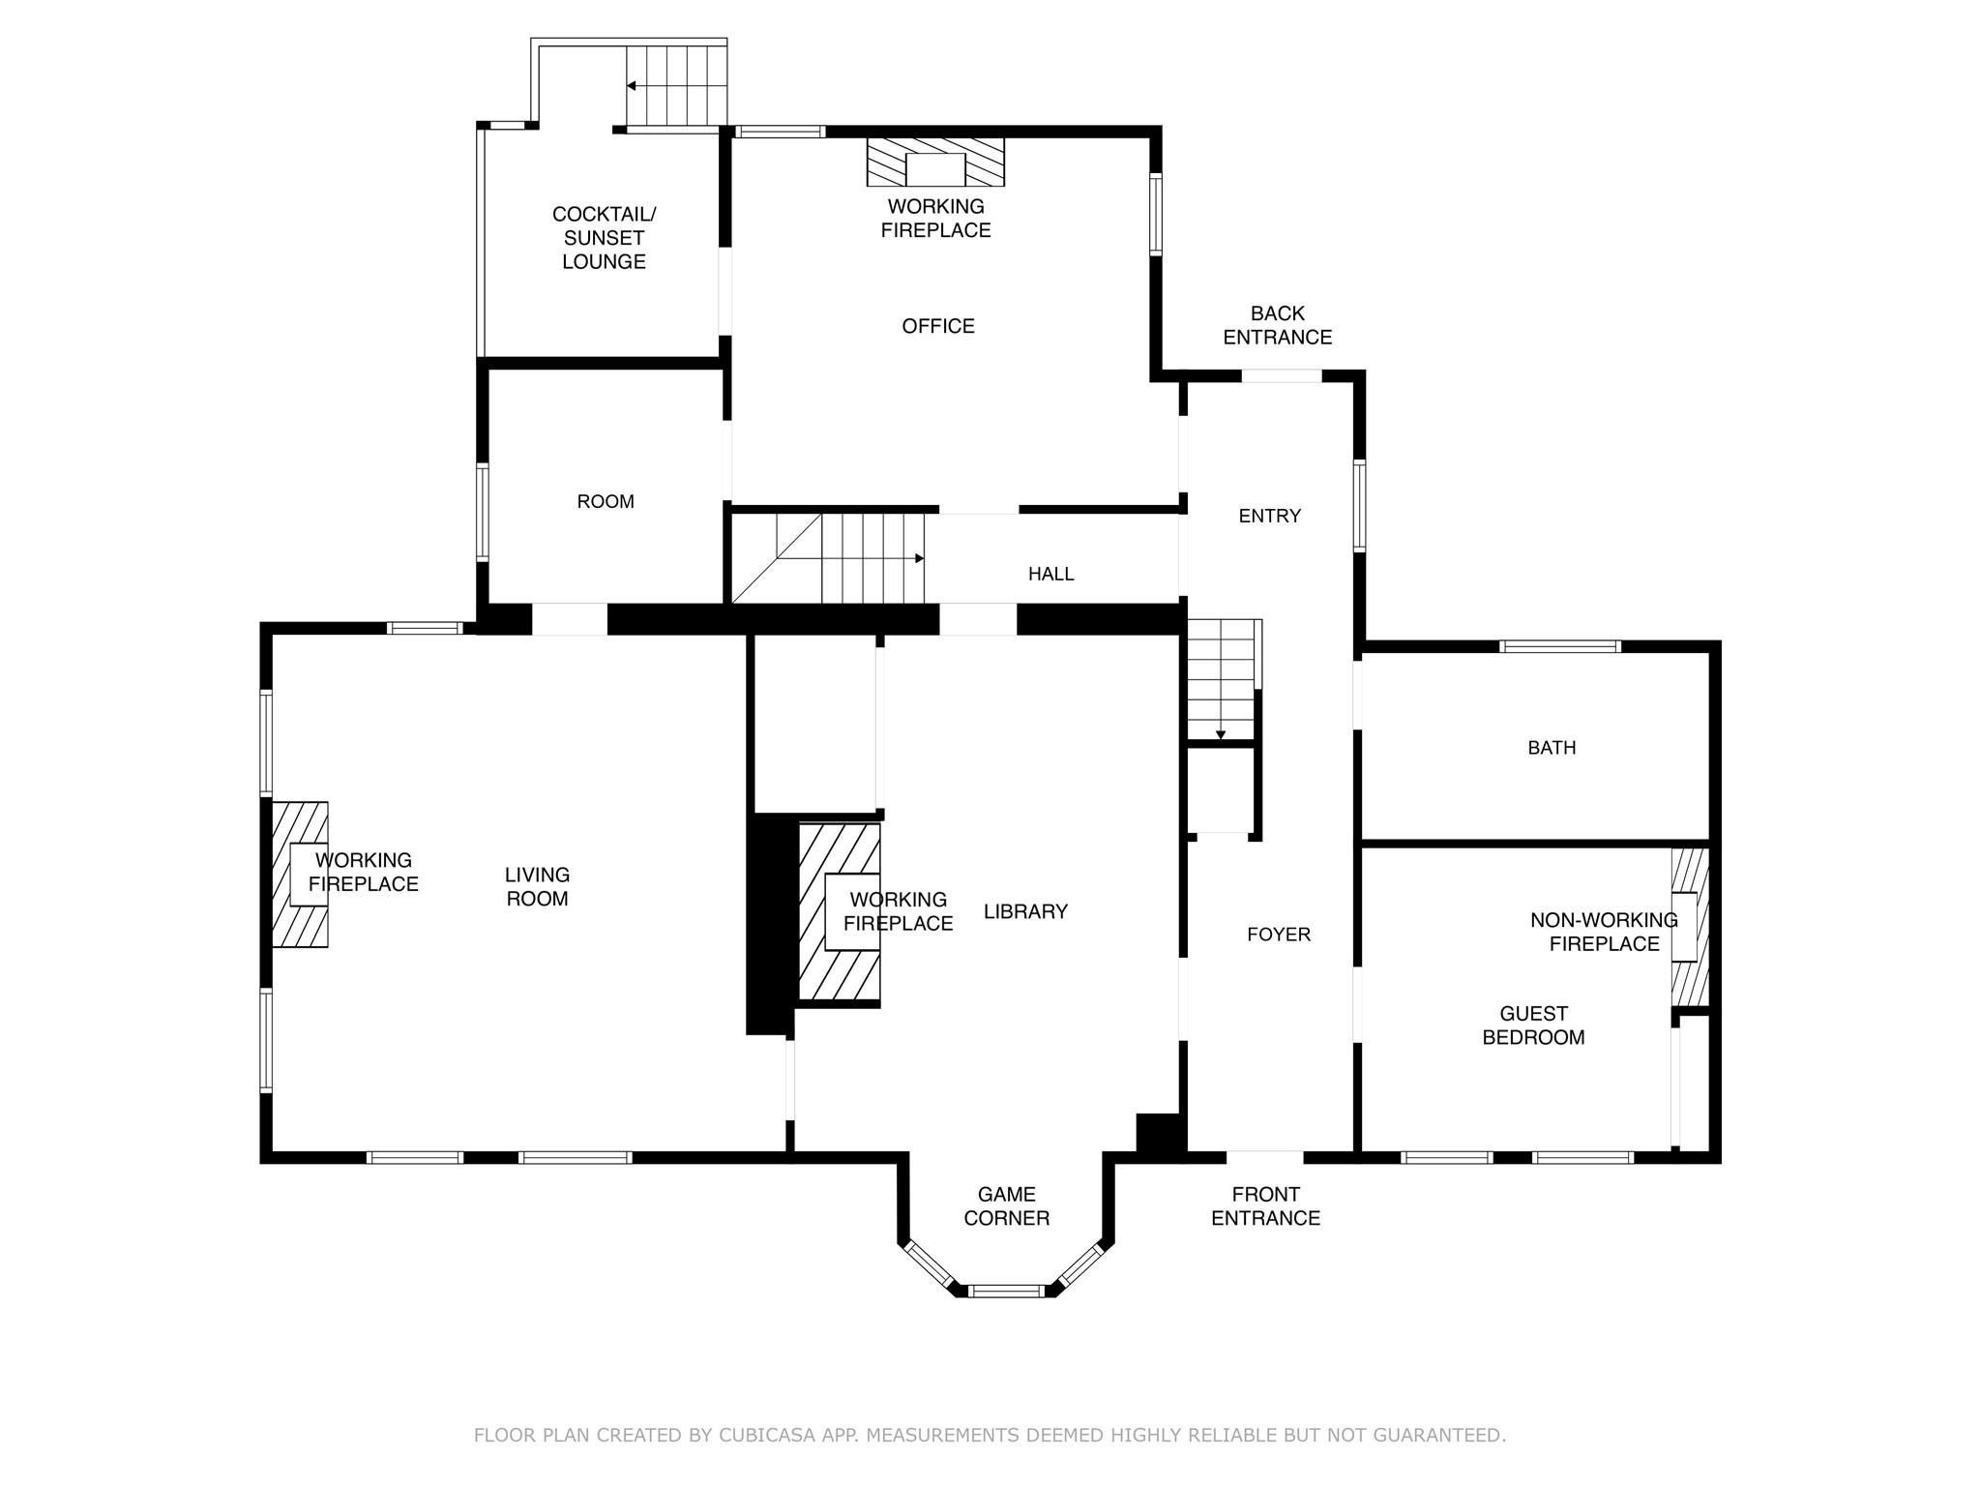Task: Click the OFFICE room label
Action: [x=937, y=326]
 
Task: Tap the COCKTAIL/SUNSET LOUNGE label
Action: [x=604, y=238]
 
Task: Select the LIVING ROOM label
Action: [x=537, y=886]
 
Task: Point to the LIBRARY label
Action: [x=1025, y=911]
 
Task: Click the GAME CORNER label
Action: [x=1006, y=1205]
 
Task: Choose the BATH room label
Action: [x=1552, y=748]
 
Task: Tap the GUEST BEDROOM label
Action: [x=1533, y=1025]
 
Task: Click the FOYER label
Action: [x=1278, y=935]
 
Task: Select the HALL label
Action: [x=1050, y=574]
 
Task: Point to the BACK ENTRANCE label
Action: [x=1277, y=325]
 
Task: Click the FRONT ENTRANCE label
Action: [x=1265, y=1205]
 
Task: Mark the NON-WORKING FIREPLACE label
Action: [x=1604, y=932]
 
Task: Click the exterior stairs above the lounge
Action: [x=677, y=86]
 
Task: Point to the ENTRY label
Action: [x=1269, y=516]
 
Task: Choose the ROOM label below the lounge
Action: [x=606, y=501]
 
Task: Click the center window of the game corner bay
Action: [x=1006, y=1290]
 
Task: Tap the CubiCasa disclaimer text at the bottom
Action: [x=990, y=1435]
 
